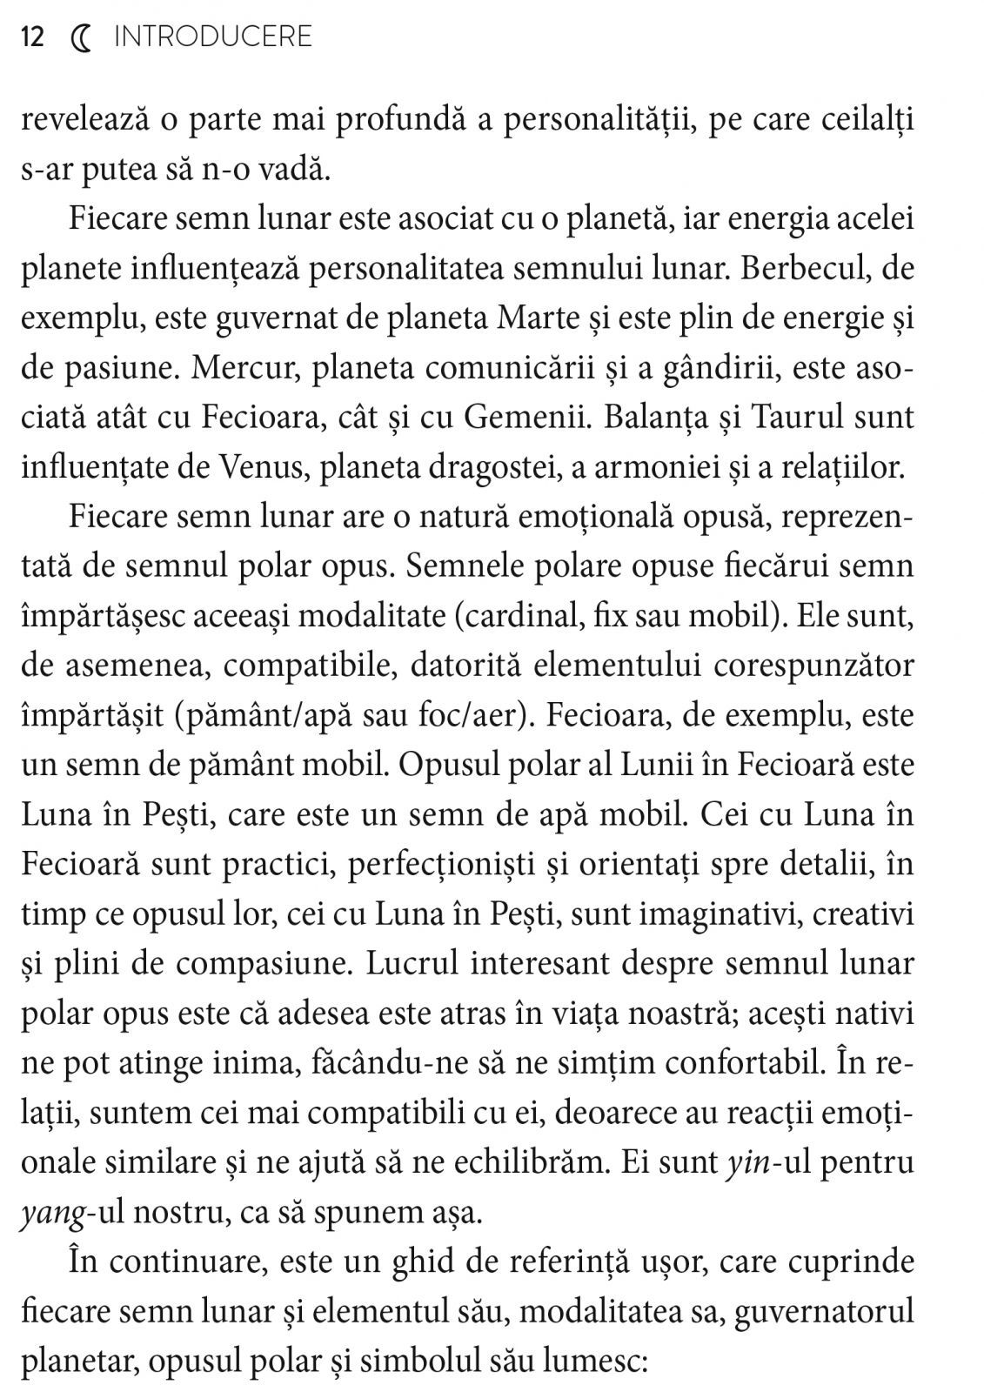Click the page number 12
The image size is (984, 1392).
[x=32, y=37]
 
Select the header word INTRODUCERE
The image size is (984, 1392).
[x=213, y=37]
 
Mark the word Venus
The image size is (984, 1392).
[x=264, y=467]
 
